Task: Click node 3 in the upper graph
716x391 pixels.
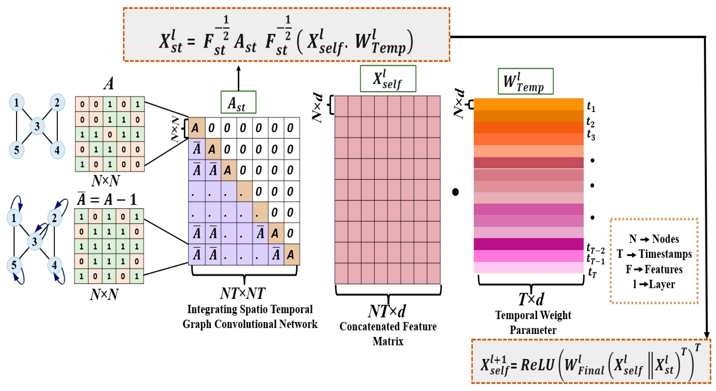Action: point(37,126)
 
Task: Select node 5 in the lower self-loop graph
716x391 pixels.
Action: point(14,265)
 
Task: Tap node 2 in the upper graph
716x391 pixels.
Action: point(57,103)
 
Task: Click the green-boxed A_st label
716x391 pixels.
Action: point(238,103)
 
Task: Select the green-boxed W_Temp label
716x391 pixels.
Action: point(525,82)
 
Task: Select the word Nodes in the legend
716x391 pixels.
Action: point(665,239)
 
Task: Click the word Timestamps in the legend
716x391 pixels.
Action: point(665,254)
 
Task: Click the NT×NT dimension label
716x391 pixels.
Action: point(243,294)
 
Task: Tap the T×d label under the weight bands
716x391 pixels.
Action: point(531,299)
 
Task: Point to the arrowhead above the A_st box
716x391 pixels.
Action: point(238,68)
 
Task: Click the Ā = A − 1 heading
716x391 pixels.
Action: point(107,199)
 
